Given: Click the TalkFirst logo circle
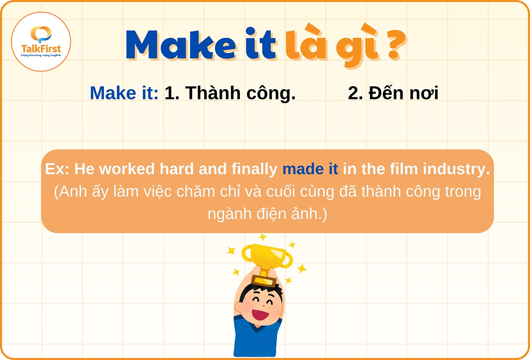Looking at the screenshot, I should click(x=41, y=41).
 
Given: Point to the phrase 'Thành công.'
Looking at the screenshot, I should click(x=230, y=94).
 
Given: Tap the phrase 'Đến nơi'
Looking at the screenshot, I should click(x=393, y=93).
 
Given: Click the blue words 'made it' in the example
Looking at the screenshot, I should click(x=310, y=169).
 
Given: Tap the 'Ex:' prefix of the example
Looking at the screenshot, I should click(x=58, y=169).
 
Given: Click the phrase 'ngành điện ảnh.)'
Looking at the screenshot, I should click(x=267, y=215).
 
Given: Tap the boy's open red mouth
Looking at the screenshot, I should click(x=260, y=314).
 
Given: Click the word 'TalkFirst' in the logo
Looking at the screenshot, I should click(x=41, y=49).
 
